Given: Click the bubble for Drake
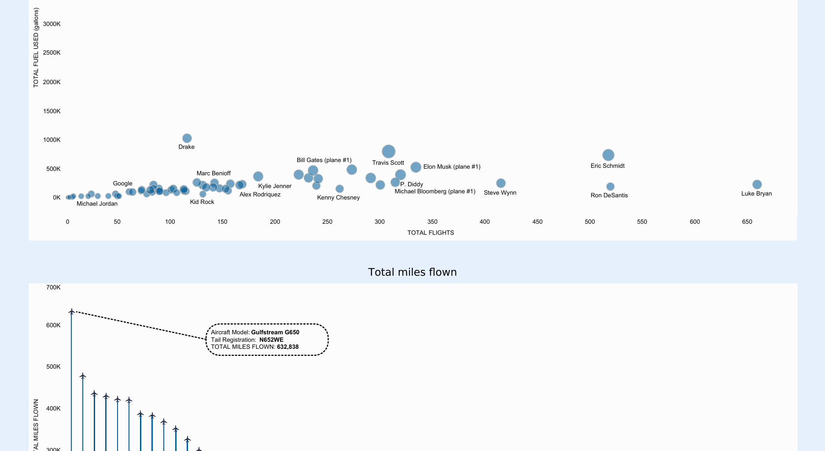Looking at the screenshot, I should tap(187, 138).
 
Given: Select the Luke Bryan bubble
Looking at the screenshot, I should tap(757, 185).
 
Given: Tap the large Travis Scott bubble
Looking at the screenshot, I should tap(388, 152).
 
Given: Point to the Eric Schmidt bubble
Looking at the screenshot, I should tap(608, 155).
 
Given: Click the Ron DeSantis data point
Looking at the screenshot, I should tap(610, 187).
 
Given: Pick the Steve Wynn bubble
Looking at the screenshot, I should tap(501, 183).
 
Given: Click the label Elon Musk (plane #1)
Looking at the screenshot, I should tap(452, 167).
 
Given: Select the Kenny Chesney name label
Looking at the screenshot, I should tap(338, 198).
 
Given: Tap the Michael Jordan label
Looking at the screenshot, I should tap(97, 204).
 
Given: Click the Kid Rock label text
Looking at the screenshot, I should tap(202, 202).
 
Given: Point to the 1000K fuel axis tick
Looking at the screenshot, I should tap(52, 140).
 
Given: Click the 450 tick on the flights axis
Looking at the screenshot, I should tap(537, 222).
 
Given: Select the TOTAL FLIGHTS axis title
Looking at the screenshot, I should tap(430, 233).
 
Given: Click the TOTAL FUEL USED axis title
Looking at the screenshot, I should tap(36, 48).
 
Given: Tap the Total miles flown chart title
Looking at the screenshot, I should tap(412, 272).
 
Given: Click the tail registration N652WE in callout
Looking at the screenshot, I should tap(271, 340).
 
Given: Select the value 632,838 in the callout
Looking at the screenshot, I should tap(287, 347).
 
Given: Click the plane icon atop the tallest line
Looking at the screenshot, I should tap(72, 312).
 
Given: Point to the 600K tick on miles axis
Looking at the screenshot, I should tap(53, 325).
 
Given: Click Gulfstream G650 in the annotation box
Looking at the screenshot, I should tap(275, 333).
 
